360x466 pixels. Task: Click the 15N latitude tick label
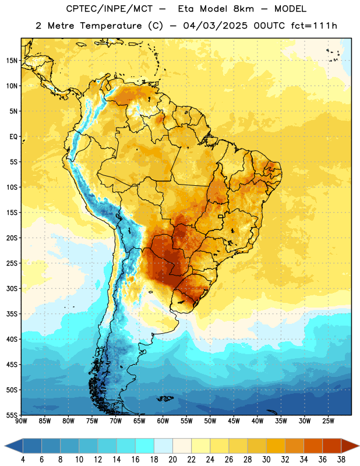pyautogui.click(x=12, y=61)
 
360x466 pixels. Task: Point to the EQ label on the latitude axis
pyautogui.click(x=13, y=137)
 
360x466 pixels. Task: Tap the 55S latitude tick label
pyautogui.click(x=12, y=415)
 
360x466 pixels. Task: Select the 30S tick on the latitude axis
pyautogui.click(x=12, y=288)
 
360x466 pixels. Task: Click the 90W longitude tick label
pyautogui.click(x=21, y=421)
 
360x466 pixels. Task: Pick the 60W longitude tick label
pyautogui.click(x=163, y=421)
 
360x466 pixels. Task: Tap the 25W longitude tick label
pyautogui.click(x=328, y=421)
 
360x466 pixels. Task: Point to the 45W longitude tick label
pyautogui.click(x=234, y=421)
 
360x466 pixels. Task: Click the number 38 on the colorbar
pyautogui.click(x=341, y=460)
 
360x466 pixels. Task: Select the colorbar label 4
pyautogui.click(x=23, y=460)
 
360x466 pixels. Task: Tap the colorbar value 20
pyautogui.click(x=172, y=460)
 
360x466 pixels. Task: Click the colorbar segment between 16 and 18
pyautogui.click(x=145, y=446)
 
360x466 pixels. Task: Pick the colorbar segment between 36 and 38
pyautogui.click(x=332, y=446)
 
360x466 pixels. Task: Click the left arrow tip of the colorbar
pyautogui.click(x=5, y=446)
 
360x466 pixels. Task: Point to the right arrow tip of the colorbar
pyautogui.click(x=359, y=446)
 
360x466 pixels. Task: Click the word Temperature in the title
pyautogui.click(x=111, y=26)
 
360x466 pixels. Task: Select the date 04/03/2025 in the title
pyautogui.click(x=215, y=26)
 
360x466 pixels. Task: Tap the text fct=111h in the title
pyautogui.click(x=314, y=26)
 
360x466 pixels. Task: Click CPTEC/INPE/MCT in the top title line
pyautogui.click(x=109, y=9)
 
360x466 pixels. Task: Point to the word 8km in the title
pyautogui.click(x=243, y=9)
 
